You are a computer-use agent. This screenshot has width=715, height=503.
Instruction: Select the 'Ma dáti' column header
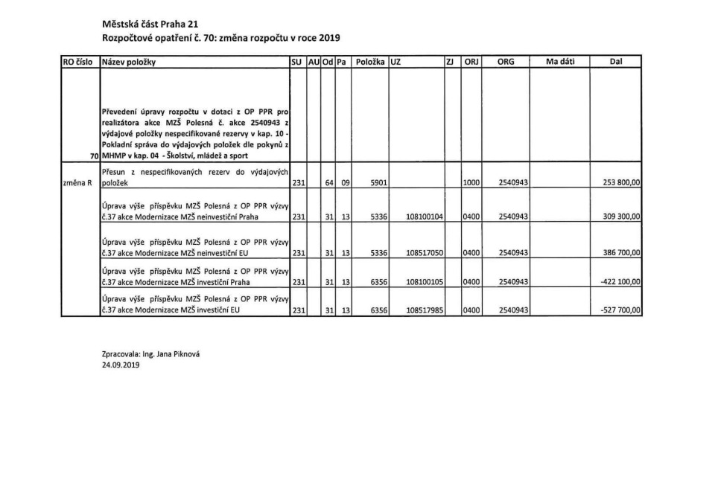[x=560, y=62]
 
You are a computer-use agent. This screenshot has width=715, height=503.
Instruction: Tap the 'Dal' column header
[x=615, y=62]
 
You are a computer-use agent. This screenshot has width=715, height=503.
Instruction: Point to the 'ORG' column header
[x=506, y=62]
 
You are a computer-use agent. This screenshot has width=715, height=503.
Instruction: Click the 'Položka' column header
[x=370, y=62]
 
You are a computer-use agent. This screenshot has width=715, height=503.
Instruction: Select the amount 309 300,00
[x=620, y=217]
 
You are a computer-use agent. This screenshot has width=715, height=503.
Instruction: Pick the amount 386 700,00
[x=620, y=253]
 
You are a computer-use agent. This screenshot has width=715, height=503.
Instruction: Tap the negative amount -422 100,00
[x=620, y=283]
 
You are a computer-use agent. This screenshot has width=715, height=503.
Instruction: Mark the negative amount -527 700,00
[x=620, y=311]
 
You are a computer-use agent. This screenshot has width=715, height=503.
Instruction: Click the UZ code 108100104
[x=425, y=217]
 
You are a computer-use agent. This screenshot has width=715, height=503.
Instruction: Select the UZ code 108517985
[x=425, y=311]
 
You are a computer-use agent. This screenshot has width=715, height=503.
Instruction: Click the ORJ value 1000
[x=471, y=182]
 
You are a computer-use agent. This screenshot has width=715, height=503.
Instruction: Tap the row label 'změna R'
[x=77, y=182]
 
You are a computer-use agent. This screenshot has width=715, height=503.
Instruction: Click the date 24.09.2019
[x=121, y=365]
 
